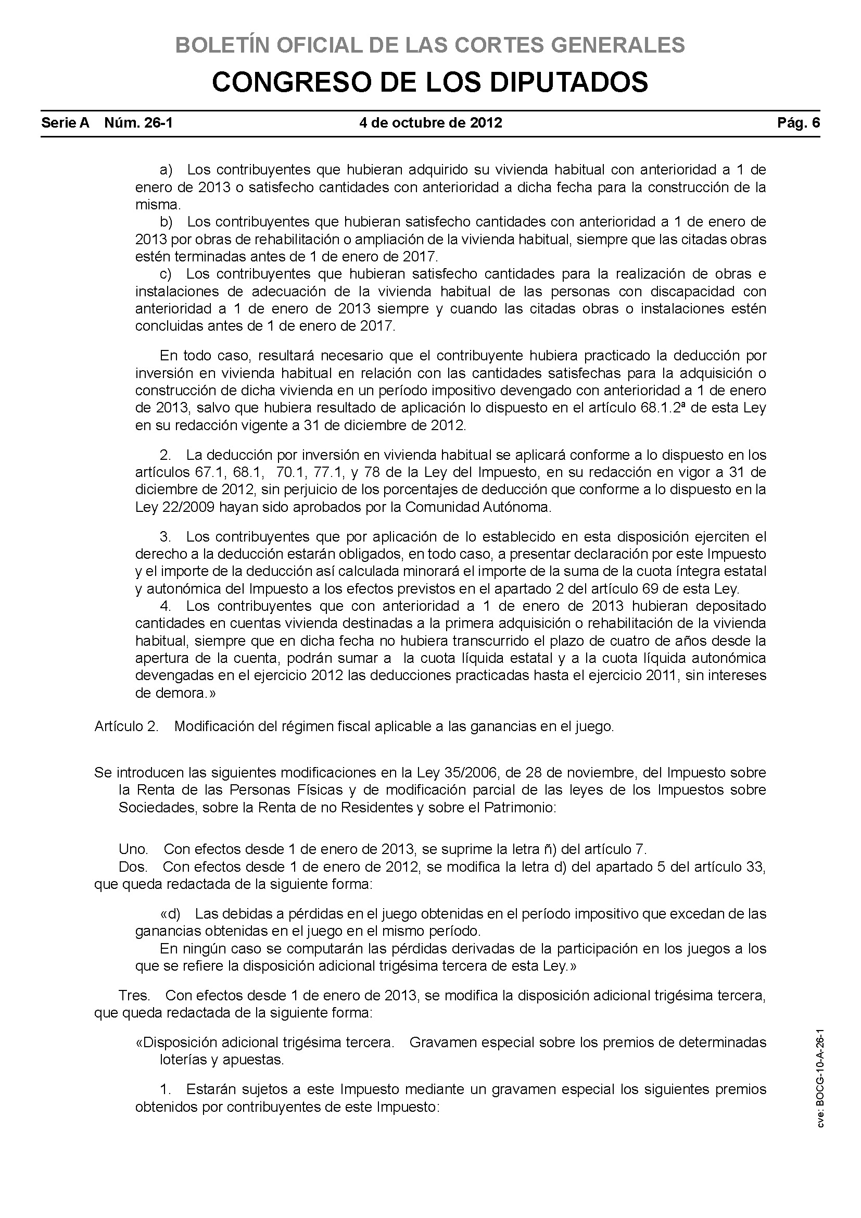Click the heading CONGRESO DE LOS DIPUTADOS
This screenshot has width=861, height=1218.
point(430,82)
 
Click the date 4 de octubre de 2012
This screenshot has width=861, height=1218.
point(430,123)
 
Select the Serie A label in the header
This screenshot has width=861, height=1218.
point(66,123)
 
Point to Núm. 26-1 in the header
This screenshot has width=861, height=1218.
point(138,123)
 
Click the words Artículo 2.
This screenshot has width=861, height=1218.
point(126,726)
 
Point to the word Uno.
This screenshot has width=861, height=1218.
point(133,849)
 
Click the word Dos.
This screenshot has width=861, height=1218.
point(133,867)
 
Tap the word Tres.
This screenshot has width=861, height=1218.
point(134,996)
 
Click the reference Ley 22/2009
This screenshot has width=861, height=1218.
point(175,507)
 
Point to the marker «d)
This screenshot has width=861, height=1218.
point(170,914)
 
